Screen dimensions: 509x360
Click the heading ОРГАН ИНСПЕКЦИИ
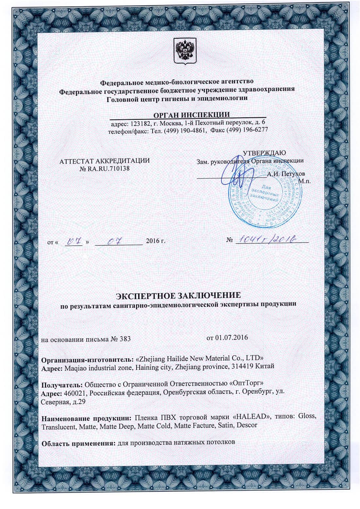[x=191, y=114]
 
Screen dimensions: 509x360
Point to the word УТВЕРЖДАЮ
[x=264, y=153]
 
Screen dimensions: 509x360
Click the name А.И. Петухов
[x=286, y=174]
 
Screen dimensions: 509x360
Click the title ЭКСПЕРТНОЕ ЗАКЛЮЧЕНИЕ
[x=179, y=296]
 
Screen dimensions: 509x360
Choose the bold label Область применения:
[x=78, y=443]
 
